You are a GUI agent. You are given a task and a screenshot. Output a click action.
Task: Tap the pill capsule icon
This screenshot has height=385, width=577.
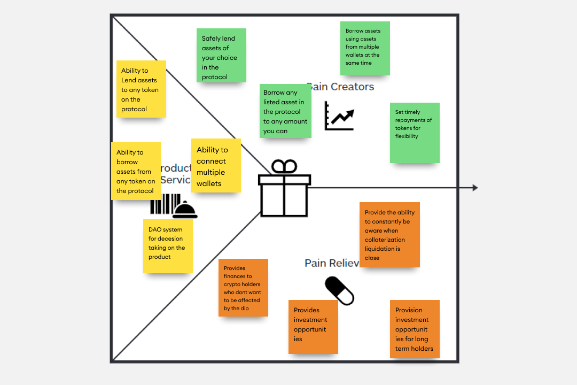click(x=340, y=291)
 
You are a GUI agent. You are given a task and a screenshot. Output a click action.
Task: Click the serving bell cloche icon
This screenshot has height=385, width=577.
click(x=185, y=210)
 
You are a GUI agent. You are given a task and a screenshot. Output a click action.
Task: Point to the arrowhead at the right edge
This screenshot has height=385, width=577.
click(x=475, y=188)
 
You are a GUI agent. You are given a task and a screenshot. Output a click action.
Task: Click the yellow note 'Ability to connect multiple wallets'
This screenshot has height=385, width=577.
click(x=216, y=166)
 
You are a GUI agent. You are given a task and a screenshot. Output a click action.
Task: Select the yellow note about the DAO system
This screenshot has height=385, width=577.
click(x=168, y=246)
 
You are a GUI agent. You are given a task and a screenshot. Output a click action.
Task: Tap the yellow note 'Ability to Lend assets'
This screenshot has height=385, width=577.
click(x=141, y=89)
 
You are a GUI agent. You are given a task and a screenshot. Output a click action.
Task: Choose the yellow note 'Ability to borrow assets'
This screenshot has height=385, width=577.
click(x=136, y=171)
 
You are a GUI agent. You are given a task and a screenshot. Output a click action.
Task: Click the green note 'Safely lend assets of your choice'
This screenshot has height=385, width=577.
click(x=221, y=56)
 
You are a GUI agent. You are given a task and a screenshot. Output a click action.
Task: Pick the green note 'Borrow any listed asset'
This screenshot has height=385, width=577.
click(x=285, y=111)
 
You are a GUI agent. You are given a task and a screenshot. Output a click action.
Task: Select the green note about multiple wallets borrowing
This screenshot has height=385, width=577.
click(x=365, y=49)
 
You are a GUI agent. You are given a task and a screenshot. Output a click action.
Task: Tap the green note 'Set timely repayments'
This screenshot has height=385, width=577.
click(x=415, y=133)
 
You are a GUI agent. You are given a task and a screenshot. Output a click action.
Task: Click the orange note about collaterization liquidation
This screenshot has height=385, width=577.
click(x=389, y=235)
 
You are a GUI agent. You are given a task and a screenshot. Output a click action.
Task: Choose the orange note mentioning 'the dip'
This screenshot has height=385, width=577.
click(x=243, y=288)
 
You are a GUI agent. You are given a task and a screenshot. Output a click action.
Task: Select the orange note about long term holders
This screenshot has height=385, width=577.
click(x=415, y=329)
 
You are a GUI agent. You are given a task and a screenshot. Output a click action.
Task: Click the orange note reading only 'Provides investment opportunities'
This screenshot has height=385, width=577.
click(x=313, y=327)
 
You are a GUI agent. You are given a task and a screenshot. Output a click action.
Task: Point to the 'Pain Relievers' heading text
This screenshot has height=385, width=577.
click(x=331, y=263)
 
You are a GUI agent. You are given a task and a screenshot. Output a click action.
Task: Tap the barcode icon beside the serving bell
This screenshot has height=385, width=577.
click(x=161, y=204)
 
